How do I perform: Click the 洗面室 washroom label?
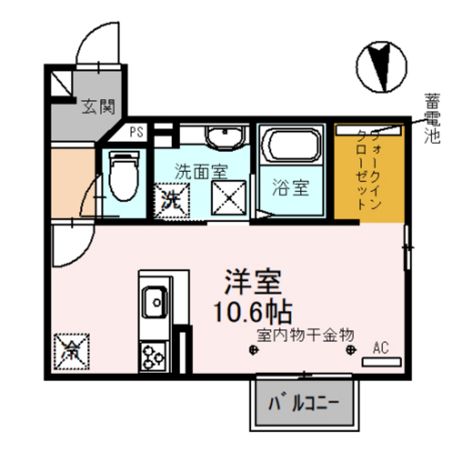(202, 170)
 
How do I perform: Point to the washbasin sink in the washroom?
(224, 138)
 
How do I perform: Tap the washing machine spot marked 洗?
(171, 199)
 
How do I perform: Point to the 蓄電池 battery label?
(432, 119)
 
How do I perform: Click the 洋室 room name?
(252, 282)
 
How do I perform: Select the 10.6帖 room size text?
(252, 310)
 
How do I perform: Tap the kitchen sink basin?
(153, 304)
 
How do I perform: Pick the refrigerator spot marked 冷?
(72, 349)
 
